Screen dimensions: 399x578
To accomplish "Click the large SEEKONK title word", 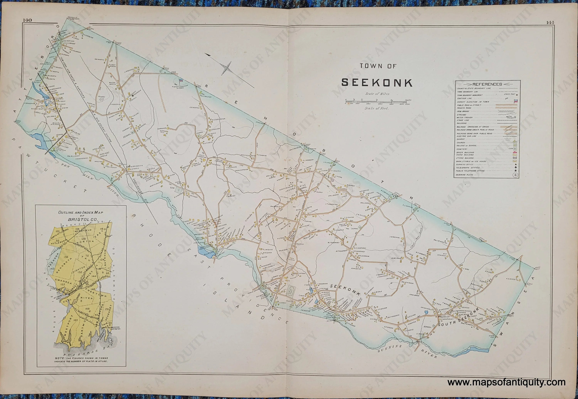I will coord(377,83).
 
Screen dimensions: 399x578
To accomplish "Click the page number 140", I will coord(27,20).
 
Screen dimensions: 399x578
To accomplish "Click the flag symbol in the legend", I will coord(515,101).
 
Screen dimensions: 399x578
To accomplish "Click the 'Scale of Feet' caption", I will coord(377,108).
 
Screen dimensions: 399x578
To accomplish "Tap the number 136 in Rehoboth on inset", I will coord(66,257).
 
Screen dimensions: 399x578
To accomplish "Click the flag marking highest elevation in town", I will coord(181,80).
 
